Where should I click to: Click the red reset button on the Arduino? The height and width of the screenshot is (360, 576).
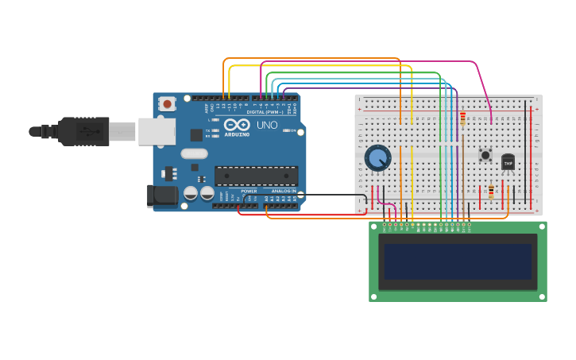point(167,103)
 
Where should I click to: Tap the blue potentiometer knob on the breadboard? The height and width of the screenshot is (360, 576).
point(377,157)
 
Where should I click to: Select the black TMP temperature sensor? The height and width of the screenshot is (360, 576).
point(508,162)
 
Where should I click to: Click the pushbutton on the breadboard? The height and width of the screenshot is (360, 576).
point(485,155)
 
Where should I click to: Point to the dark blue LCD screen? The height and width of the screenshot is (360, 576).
point(458,261)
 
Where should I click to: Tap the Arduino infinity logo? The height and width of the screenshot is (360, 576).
point(236,125)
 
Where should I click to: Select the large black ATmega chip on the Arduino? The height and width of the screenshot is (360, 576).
point(256,176)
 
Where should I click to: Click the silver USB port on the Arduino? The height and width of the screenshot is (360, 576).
point(157,131)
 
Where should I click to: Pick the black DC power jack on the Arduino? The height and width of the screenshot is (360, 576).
point(163,195)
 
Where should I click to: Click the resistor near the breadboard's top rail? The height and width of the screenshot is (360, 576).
point(462,118)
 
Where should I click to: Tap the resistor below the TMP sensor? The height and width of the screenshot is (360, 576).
point(491,192)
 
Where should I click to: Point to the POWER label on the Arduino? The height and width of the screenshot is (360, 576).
point(249,192)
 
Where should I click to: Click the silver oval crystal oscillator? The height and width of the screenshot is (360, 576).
point(194,153)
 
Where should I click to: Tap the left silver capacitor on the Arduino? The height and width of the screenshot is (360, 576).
point(191,193)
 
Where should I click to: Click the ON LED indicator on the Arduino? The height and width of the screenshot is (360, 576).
point(286,130)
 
